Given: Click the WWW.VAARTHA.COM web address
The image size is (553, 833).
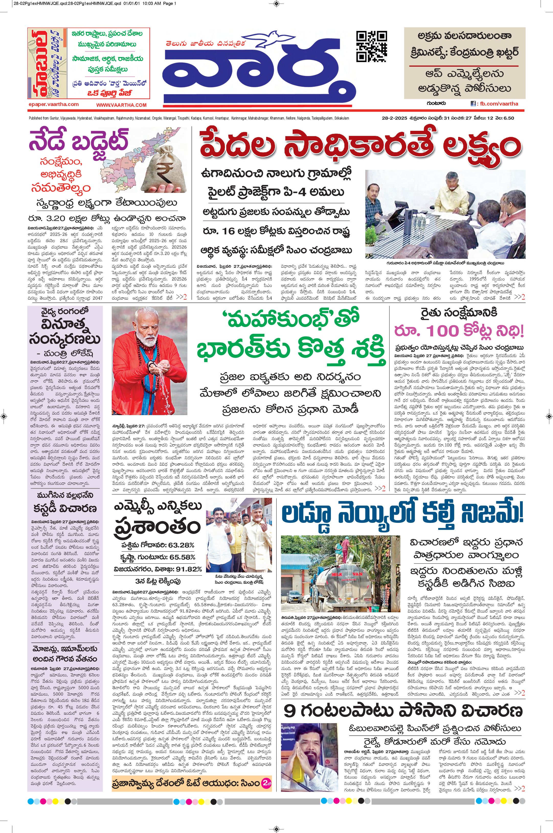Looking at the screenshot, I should [x=121, y=105].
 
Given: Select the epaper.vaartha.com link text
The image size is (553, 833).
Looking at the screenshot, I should [x=54, y=104].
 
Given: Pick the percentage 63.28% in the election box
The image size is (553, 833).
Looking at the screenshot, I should [x=181, y=545].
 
